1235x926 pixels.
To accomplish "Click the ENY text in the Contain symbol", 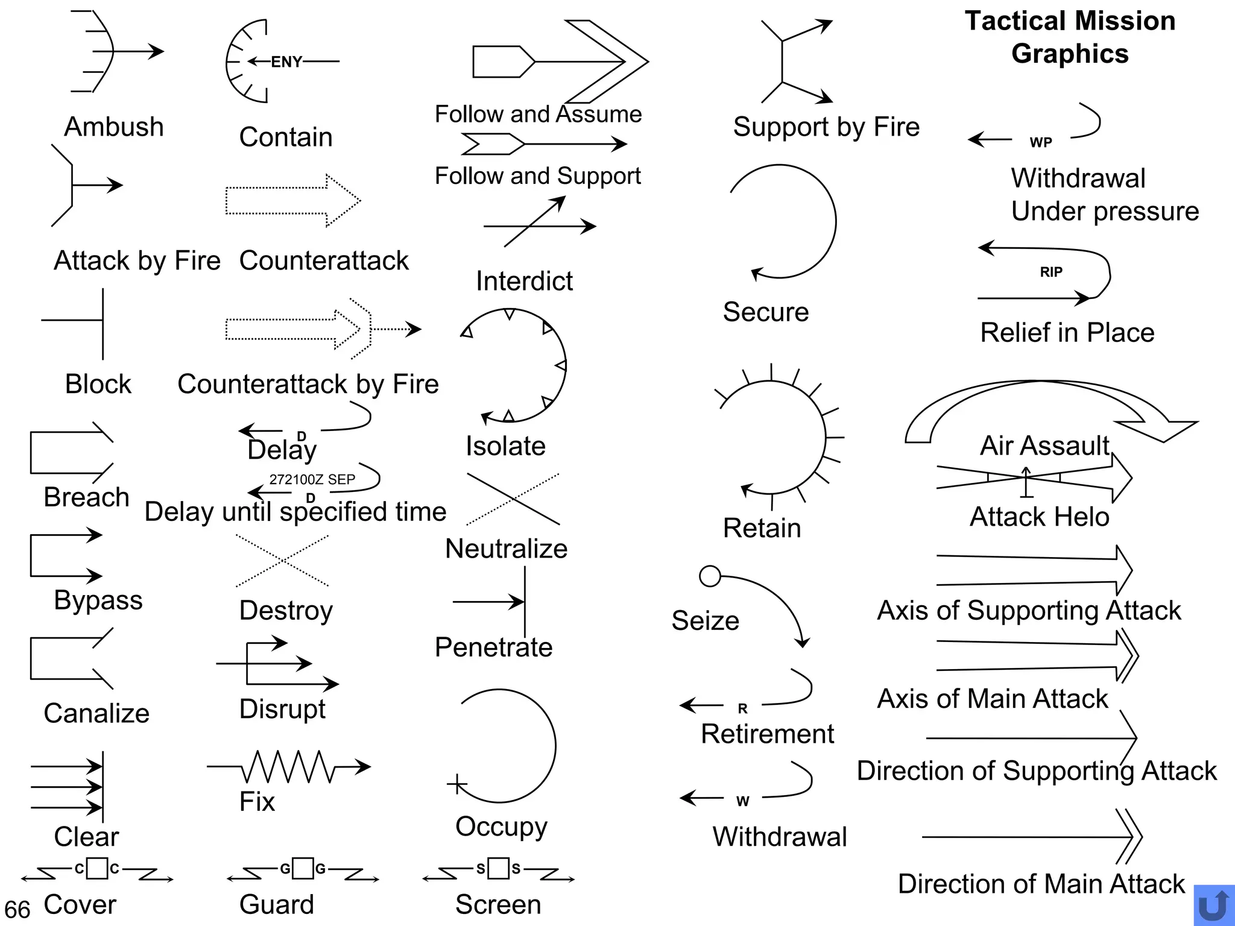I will (286, 61).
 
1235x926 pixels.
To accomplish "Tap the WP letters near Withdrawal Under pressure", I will (1041, 142).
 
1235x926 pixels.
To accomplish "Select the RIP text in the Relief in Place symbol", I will (1051, 272).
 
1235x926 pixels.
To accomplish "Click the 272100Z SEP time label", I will (312, 479).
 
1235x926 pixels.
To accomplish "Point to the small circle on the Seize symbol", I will (710, 576).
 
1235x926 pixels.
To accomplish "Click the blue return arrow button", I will (1214, 905).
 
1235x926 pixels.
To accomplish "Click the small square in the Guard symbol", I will (303, 869).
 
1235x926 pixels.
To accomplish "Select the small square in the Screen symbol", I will (499, 868).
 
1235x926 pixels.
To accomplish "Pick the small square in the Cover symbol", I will (97, 869).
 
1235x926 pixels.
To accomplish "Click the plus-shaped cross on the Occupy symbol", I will (457, 784).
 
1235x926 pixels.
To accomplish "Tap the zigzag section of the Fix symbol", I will (288, 767).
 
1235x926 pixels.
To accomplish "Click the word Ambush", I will (114, 127).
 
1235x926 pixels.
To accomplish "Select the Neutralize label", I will (506, 549).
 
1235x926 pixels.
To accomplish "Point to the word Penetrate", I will (493, 647).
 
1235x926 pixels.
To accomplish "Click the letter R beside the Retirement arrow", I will (742, 709).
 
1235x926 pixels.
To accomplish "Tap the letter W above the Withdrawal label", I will (742, 801).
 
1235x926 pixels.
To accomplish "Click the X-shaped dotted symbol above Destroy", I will (282, 561).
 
